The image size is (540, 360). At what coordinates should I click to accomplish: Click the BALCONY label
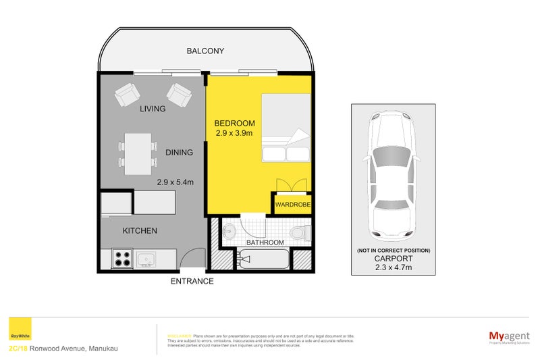tap(205, 51)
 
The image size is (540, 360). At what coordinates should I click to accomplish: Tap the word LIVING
tap(153, 109)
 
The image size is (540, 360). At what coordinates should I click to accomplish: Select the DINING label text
tap(179, 153)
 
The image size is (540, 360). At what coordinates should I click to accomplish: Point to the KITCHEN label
tap(140, 231)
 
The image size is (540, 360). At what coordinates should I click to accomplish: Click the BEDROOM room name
tap(234, 123)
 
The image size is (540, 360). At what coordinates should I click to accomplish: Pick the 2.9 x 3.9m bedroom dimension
tap(234, 134)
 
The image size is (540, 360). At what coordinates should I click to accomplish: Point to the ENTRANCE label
tap(192, 281)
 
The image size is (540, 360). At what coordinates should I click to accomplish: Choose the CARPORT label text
tap(393, 259)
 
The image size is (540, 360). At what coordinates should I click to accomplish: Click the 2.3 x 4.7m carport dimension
tap(393, 268)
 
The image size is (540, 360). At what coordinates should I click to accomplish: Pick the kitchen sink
tap(145, 259)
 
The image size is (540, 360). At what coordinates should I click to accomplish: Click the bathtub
tap(263, 259)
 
